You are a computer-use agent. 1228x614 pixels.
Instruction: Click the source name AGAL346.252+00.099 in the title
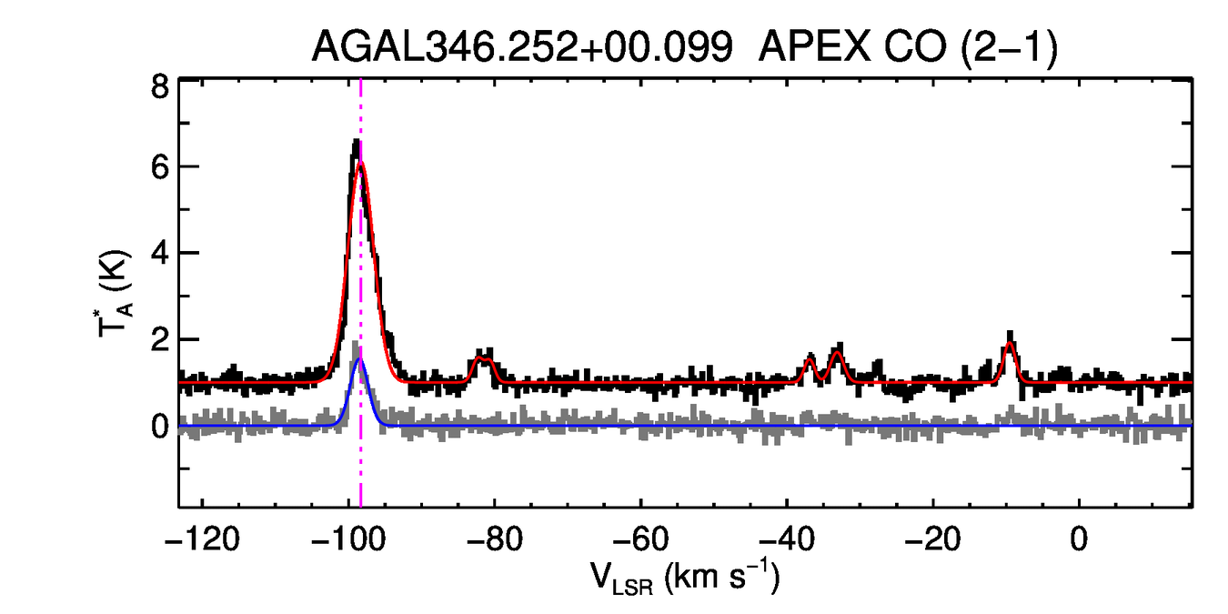pyautogui.click(x=522, y=46)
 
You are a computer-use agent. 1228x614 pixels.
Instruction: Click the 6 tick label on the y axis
pyautogui.click(x=159, y=168)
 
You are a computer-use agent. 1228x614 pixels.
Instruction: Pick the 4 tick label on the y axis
pyautogui.click(x=159, y=253)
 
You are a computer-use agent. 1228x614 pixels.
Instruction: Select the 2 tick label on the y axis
pyautogui.click(x=159, y=339)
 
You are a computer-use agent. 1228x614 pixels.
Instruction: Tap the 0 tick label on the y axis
pyautogui.click(x=159, y=426)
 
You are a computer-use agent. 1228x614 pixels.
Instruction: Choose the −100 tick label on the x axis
pyautogui.click(x=349, y=539)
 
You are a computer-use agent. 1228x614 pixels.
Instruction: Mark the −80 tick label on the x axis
pyautogui.click(x=496, y=539)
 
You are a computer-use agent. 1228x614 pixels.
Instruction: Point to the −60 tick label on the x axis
pyautogui.click(x=641, y=539)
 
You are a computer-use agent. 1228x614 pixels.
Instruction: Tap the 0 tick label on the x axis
pyautogui.click(x=1079, y=539)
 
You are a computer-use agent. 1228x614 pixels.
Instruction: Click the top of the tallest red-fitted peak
pyautogui.click(x=361, y=164)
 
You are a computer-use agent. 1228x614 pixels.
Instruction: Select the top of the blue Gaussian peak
pyautogui.click(x=360, y=358)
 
